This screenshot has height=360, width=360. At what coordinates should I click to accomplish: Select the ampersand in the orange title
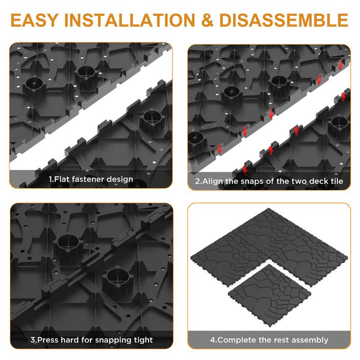pyautogui.click(x=207, y=20)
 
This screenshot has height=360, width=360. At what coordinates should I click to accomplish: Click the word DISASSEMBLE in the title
pyautogui.click(x=284, y=20)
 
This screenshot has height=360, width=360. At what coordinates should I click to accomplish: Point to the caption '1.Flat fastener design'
pyautogui.click(x=91, y=179)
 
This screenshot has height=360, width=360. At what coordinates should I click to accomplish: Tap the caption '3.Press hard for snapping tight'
pyautogui.click(x=91, y=340)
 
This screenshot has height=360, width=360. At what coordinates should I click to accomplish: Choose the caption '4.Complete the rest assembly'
pyautogui.click(x=269, y=340)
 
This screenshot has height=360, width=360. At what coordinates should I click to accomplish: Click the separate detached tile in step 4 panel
pyautogui.click(x=270, y=294)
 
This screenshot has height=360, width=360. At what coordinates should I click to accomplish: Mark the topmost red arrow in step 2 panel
pyautogui.click(x=340, y=64)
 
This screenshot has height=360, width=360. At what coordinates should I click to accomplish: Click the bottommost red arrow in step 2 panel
pyautogui.click(x=244, y=169)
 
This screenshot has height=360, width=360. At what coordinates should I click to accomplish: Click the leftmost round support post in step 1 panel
pyautogui.click(x=34, y=86)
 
